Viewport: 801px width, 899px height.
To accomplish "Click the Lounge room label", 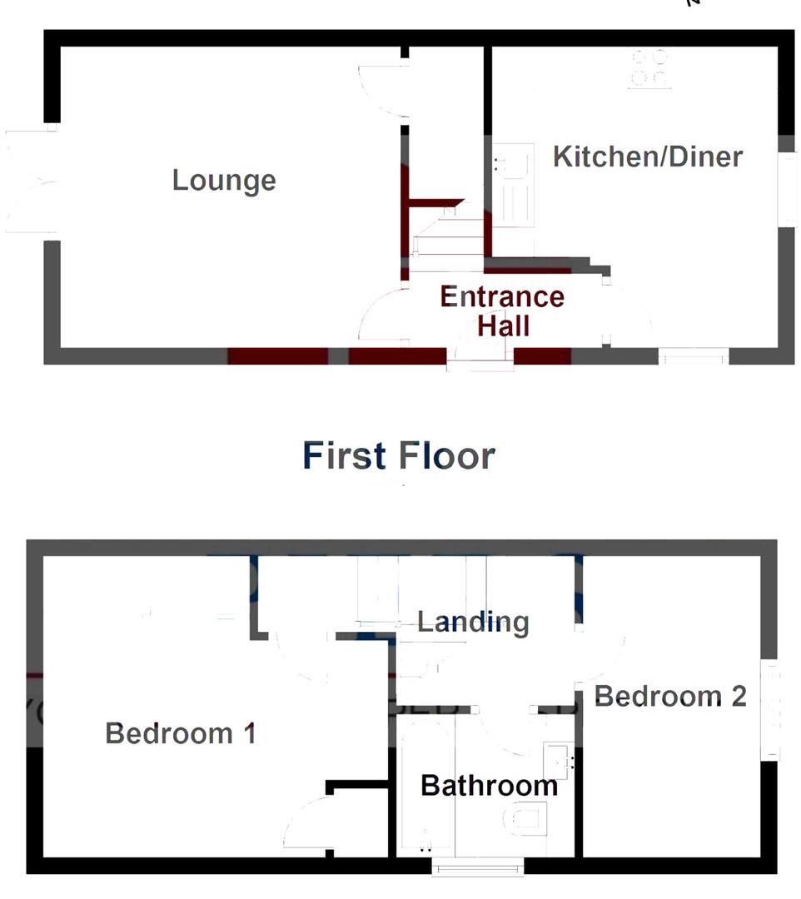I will [x=224, y=181].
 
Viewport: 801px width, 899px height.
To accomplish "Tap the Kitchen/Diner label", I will [x=647, y=156].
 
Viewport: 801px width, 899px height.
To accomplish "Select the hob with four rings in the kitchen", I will [x=649, y=68].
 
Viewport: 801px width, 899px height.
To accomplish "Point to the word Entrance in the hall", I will [x=501, y=296].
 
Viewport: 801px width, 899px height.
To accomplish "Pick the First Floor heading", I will [x=399, y=455].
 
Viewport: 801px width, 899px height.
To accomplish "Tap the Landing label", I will [x=472, y=621].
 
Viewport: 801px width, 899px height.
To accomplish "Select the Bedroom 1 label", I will [x=181, y=733].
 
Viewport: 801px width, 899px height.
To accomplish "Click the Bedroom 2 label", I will [x=669, y=696].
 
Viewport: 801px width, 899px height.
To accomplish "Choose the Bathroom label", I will [x=489, y=785].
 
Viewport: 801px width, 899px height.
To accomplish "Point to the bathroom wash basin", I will [x=558, y=759].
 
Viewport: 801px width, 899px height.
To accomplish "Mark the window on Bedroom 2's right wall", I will [x=773, y=710].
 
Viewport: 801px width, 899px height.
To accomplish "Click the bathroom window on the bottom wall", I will [x=478, y=867].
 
